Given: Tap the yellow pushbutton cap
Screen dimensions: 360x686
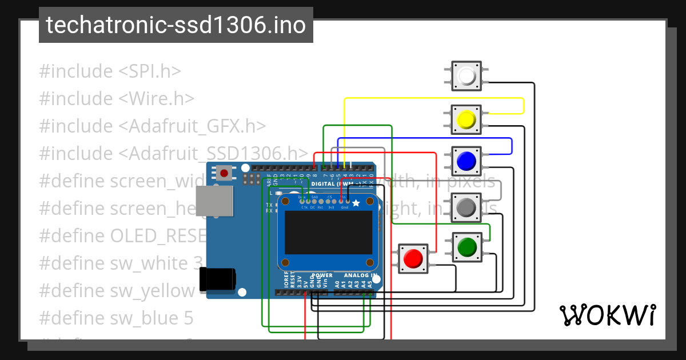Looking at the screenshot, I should pyautogui.click(x=466, y=119).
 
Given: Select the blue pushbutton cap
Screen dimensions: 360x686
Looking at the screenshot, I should pyautogui.click(x=466, y=161).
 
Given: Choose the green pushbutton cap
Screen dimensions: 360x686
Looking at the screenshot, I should pyautogui.click(x=466, y=247).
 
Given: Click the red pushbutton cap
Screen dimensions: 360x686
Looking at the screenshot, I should pyautogui.click(x=412, y=259).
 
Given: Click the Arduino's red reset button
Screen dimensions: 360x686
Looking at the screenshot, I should pyautogui.click(x=224, y=173).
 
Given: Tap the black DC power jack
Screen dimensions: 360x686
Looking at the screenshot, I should pyautogui.click(x=217, y=280).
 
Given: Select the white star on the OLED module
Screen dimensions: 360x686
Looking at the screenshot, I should pyautogui.click(x=356, y=202).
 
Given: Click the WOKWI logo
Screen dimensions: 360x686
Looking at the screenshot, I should pyautogui.click(x=607, y=315).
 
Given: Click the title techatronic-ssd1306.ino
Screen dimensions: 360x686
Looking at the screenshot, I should pyautogui.click(x=176, y=25).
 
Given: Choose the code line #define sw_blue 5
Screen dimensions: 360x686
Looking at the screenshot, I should pyautogui.click(x=116, y=318).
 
